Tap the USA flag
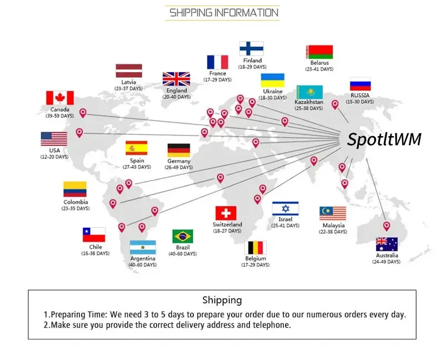point(54,139)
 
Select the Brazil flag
point(182,236)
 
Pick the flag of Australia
point(387,244)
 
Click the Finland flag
point(252,49)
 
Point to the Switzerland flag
point(226,213)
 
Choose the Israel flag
point(286,209)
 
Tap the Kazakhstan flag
point(309,92)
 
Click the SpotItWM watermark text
point(384,139)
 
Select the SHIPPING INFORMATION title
point(223,12)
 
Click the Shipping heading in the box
point(222,300)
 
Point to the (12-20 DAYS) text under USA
point(54,157)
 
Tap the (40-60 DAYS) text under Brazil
point(183,254)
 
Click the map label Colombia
point(76,202)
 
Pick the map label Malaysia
point(333,226)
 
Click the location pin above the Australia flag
point(387,226)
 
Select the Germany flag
point(179,150)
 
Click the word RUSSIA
point(360,96)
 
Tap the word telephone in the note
point(269,325)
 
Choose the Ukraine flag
point(273,80)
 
